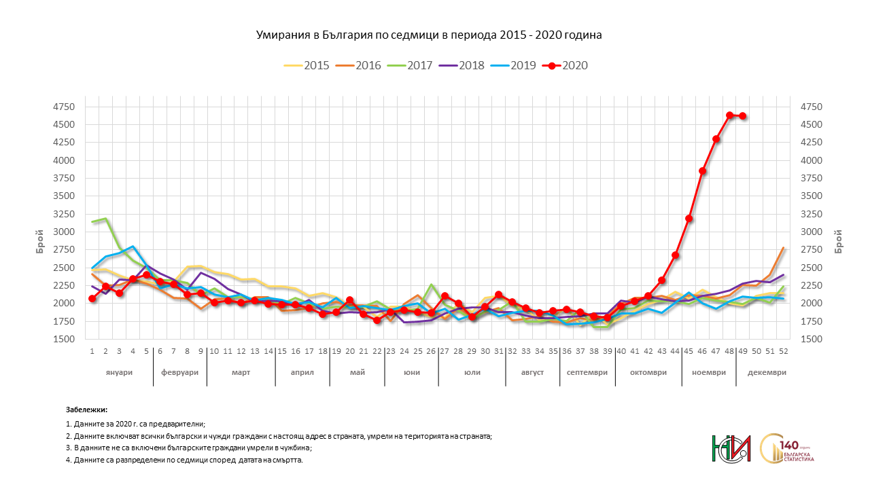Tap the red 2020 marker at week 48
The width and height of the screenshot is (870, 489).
pos(729,115)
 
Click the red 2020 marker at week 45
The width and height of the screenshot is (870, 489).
pos(689,219)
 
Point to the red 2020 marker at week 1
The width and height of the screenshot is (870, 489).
pos(92,298)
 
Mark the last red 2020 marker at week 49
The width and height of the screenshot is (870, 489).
pos(743,116)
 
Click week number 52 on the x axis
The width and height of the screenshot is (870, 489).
pos(783,351)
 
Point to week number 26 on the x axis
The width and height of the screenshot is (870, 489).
pos(431,351)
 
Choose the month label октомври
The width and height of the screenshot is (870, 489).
pos(648,373)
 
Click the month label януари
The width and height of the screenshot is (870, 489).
pos(119,373)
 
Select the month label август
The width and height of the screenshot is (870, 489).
pos(532,373)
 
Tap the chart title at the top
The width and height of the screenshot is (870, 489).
pos(429,35)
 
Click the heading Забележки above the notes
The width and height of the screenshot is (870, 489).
pos(86,410)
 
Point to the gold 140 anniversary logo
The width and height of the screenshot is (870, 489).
pos(788,448)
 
